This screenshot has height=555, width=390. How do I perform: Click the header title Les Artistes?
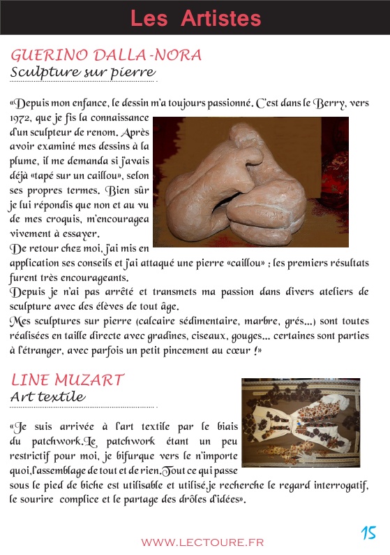click(195, 18)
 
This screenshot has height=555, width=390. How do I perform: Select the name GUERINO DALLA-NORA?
click(107, 55)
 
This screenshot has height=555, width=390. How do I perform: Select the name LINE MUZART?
click(68, 380)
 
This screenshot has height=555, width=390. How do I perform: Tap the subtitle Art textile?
click(47, 397)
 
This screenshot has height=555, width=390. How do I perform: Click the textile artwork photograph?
click(301, 422)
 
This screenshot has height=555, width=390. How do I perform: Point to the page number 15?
click(368, 533)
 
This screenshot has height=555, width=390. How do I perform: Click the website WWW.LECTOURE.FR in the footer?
click(202, 542)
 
